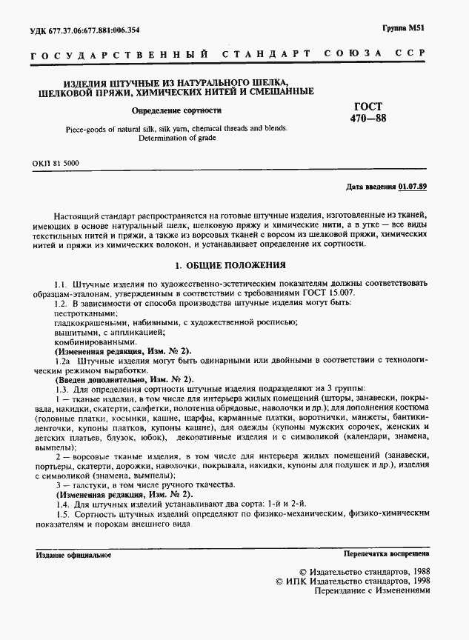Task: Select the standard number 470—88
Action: (368, 119)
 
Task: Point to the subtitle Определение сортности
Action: (176, 110)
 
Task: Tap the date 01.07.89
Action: (413, 186)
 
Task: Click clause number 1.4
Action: (61, 504)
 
